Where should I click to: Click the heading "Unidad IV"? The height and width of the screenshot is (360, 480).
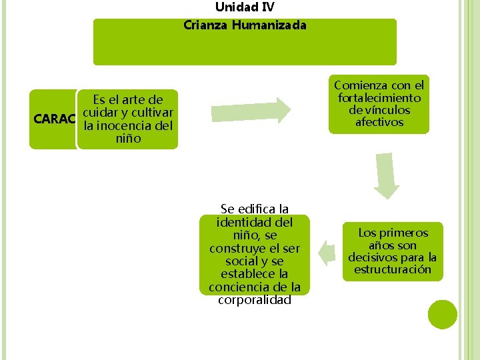pos(244,7)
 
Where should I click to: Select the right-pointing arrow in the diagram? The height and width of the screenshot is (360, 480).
pos(251,110)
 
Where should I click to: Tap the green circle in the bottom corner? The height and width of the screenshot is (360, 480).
pos(442,315)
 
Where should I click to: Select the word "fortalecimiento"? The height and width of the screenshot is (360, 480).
pos(379,98)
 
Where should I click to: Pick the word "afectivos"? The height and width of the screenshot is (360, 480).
pos(379,123)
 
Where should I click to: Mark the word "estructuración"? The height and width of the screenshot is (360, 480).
pos(393,270)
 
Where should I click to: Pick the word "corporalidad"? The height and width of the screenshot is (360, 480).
pos(254,300)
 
